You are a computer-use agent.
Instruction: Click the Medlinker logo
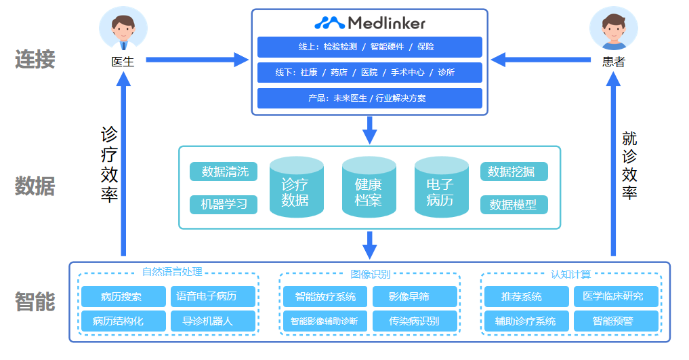(x=370, y=23)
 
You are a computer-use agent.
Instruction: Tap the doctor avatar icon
(x=123, y=29)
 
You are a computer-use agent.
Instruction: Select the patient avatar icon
(x=613, y=29)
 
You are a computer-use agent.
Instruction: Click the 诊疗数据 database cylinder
(x=296, y=188)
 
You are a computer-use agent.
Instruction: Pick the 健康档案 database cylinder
(x=369, y=188)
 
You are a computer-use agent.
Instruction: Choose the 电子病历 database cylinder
(x=441, y=188)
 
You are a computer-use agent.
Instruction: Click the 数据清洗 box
(x=224, y=172)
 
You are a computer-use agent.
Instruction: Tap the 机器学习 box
(x=224, y=204)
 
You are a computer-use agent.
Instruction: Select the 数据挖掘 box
(x=514, y=172)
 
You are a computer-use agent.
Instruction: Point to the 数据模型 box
(x=514, y=204)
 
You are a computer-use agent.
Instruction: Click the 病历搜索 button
(x=122, y=296)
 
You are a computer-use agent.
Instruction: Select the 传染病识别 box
(x=414, y=321)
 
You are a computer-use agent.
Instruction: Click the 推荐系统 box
(x=526, y=296)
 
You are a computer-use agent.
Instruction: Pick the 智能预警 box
(x=616, y=321)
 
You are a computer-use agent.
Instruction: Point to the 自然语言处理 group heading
(x=172, y=273)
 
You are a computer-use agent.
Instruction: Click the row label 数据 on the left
(x=35, y=186)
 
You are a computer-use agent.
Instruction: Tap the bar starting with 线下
(x=369, y=73)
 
